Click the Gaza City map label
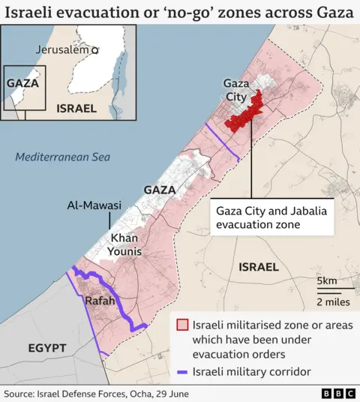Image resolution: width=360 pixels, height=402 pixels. click(235, 90)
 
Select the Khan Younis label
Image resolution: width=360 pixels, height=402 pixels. click(126, 244)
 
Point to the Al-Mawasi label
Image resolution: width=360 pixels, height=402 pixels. click(94, 205)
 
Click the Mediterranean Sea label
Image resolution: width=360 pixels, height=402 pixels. click(62, 157)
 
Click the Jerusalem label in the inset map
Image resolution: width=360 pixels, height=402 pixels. click(63, 49)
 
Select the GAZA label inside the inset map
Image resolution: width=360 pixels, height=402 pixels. click(22, 82)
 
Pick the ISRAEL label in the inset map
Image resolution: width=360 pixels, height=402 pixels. click(76, 108)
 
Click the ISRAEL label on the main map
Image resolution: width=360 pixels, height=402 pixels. click(258, 266)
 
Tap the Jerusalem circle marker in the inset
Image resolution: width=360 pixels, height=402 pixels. click(95, 49)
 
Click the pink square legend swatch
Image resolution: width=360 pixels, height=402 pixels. click(181, 325)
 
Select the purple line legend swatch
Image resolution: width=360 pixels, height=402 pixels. click(181, 371)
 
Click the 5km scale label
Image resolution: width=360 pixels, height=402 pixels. click(327, 280)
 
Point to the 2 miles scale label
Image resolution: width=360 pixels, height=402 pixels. click(332, 301)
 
